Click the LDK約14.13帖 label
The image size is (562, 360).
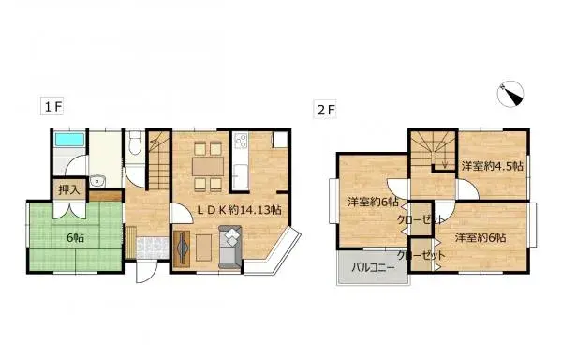pos(239,209)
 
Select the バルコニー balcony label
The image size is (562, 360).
pos(373,266)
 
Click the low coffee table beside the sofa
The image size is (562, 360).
pos(202,248)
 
